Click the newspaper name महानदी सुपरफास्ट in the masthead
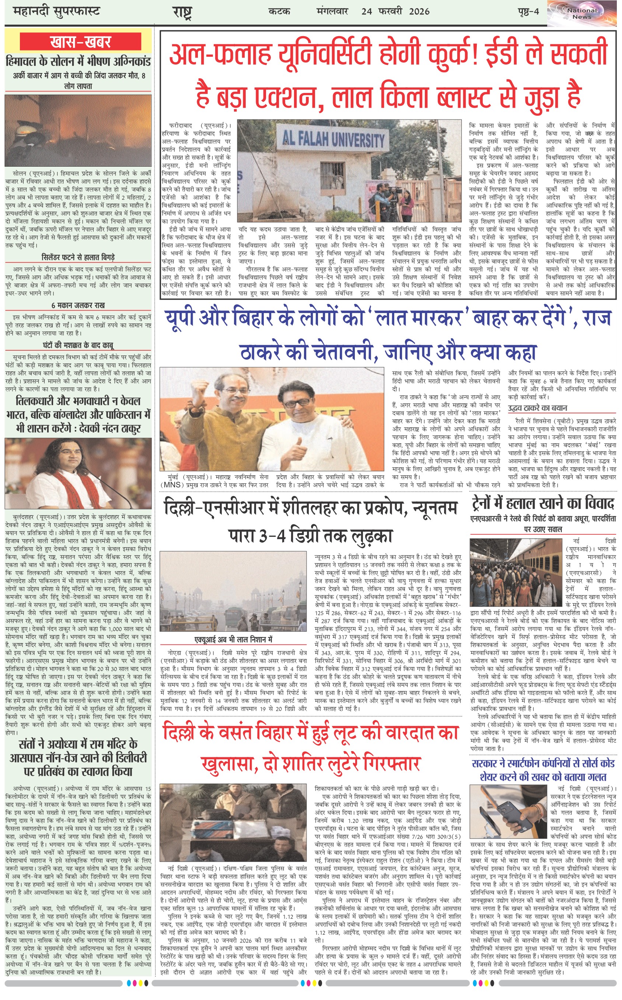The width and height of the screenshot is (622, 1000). pyautogui.click(x=56, y=11)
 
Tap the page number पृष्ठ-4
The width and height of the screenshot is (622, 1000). pyautogui.click(x=528, y=11)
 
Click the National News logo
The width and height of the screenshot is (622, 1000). pyautogui.click(x=582, y=13)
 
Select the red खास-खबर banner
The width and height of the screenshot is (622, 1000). pyautogui.click(x=81, y=42)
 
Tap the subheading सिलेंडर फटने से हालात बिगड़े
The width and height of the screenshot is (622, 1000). pyautogui.click(x=78, y=257)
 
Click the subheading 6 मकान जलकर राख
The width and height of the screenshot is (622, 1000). pyautogui.click(x=78, y=305)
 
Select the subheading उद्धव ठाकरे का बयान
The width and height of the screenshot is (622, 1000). pyautogui.click(x=537, y=408)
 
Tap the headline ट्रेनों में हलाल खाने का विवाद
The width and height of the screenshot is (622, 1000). pyautogui.click(x=543, y=503)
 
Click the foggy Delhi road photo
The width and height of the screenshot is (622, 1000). pyautogui.click(x=233, y=591)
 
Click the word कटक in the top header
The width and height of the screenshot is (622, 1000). pyautogui.click(x=279, y=11)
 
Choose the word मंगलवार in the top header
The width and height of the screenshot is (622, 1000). pyautogui.click(x=332, y=11)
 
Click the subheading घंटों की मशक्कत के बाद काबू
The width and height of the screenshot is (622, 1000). pyautogui.click(x=78, y=345)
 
